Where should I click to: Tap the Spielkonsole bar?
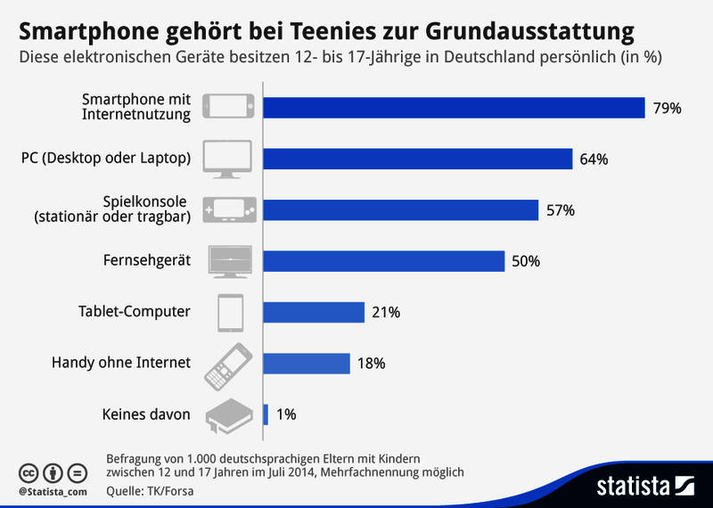401,210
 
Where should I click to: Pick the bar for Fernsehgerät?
384,261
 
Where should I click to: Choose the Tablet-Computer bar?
315,312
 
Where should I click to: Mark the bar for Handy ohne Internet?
307,363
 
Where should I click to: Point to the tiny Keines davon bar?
266,414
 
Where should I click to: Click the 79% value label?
668,108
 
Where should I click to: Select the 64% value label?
594,160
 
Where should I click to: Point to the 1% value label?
285,414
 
